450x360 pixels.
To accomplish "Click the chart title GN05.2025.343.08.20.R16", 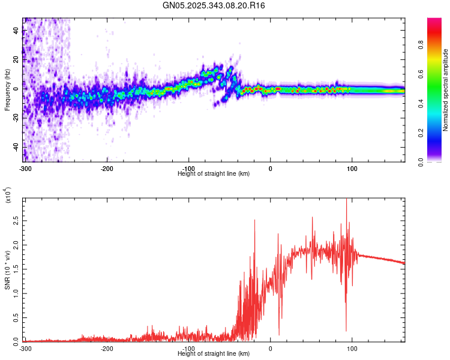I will point(214,5).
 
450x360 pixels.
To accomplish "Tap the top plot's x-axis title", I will point(214,173).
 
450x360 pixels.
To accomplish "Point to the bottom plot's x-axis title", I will point(214,353).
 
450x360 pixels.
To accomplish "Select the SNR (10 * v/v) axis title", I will point(7,270).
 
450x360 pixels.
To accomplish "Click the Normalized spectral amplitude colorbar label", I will point(445,90).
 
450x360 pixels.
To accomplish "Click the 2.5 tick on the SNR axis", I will point(17,221).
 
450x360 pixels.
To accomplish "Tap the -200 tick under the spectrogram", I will point(107,168).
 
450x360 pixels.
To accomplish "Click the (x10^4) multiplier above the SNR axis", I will point(8,195).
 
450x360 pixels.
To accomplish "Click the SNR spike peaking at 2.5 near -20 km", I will point(254,221).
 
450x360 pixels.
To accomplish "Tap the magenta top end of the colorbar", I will point(434,22).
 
